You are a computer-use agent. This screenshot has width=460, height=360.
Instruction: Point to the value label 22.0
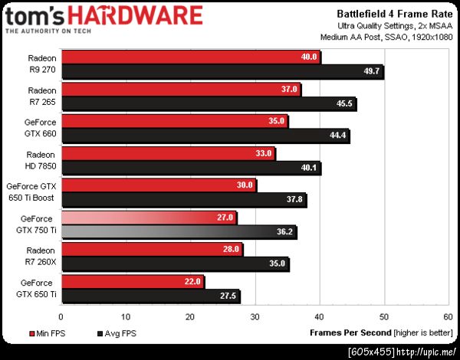pos(192,282)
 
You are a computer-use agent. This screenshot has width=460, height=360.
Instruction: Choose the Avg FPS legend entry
pos(116,333)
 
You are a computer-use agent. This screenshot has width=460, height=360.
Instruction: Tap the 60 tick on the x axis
pos(448,315)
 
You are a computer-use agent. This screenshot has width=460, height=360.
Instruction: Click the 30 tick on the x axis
pos(255,315)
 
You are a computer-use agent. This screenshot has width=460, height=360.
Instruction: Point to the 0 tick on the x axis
pos(61,315)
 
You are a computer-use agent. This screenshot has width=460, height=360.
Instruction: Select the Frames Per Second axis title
pos(349,333)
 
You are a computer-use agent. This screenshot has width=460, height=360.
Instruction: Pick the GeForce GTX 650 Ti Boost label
pos(32,192)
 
